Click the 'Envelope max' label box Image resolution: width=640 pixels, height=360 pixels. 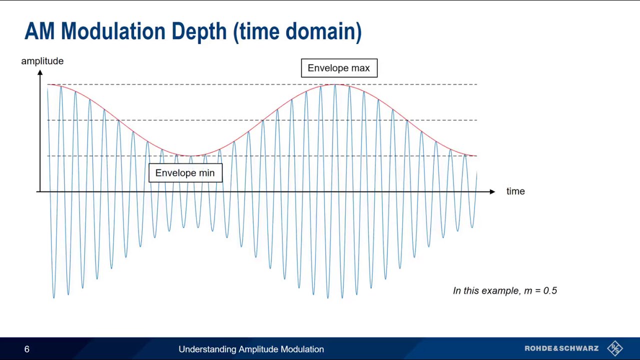[339, 68]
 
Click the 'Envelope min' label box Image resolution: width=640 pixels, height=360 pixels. [185, 173]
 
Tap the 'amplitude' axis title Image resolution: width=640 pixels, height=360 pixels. [42, 61]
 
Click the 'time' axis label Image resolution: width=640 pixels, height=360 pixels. [515, 191]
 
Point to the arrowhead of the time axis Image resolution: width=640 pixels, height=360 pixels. [492, 191]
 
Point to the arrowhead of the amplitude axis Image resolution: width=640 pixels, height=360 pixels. [40, 73]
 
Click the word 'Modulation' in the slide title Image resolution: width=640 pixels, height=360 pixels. [113, 31]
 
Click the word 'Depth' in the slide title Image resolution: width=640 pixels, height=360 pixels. [199, 31]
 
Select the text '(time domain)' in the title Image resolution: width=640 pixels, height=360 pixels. [297, 31]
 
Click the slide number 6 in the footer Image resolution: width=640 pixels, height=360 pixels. [27, 349]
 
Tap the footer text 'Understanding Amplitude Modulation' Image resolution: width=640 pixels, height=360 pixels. [251, 349]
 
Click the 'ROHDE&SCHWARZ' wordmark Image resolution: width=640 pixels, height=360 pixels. [561, 348]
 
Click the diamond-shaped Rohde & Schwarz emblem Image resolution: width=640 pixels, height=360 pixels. [615, 348]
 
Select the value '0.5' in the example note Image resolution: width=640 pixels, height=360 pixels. [550, 290]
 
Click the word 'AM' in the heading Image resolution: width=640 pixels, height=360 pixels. [40, 31]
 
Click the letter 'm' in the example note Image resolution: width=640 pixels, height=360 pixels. [528, 291]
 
